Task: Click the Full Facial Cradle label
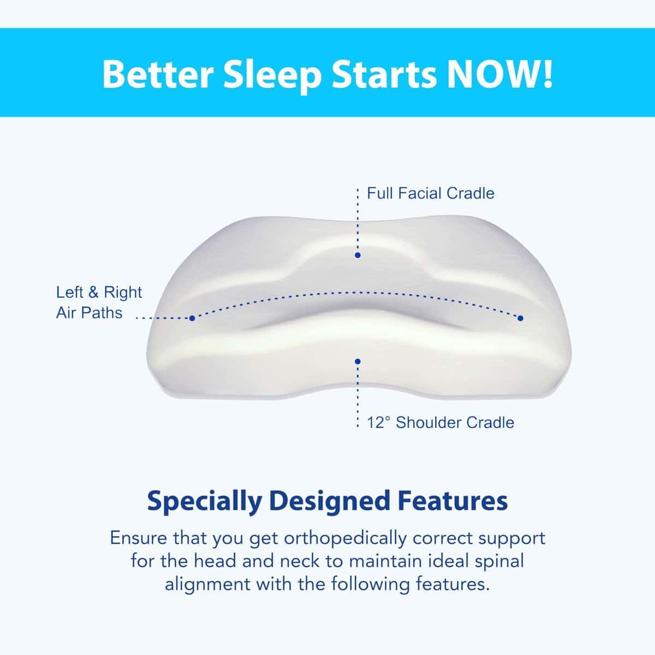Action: tap(430, 193)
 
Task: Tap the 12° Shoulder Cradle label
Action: tap(440, 422)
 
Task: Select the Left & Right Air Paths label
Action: tap(98, 302)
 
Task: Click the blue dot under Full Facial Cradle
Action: tap(358, 255)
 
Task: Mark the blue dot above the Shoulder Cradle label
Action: tap(358, 361)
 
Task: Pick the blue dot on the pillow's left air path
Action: tap(192, 318)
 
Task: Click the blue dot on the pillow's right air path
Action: tap(520, 318)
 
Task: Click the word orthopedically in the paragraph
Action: tap(346, 538)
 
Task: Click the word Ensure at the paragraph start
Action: tap(139, 538)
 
